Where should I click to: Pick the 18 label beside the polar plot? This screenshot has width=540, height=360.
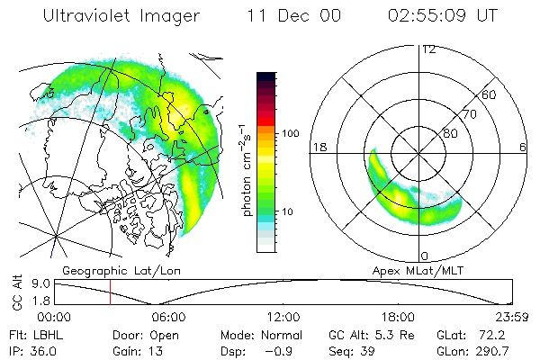pyautogui.click(x=319, y=147)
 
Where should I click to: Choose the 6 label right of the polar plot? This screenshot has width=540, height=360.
pyautogui.click(x=523, y=147)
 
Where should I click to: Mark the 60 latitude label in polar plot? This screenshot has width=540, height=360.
pyautogui.click(x=490, y=94)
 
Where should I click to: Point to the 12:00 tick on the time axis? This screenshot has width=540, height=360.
pyautogui.click(x=283, y=317)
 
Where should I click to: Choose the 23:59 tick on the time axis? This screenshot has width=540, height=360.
pyautogui.click(x=510, y=317)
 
